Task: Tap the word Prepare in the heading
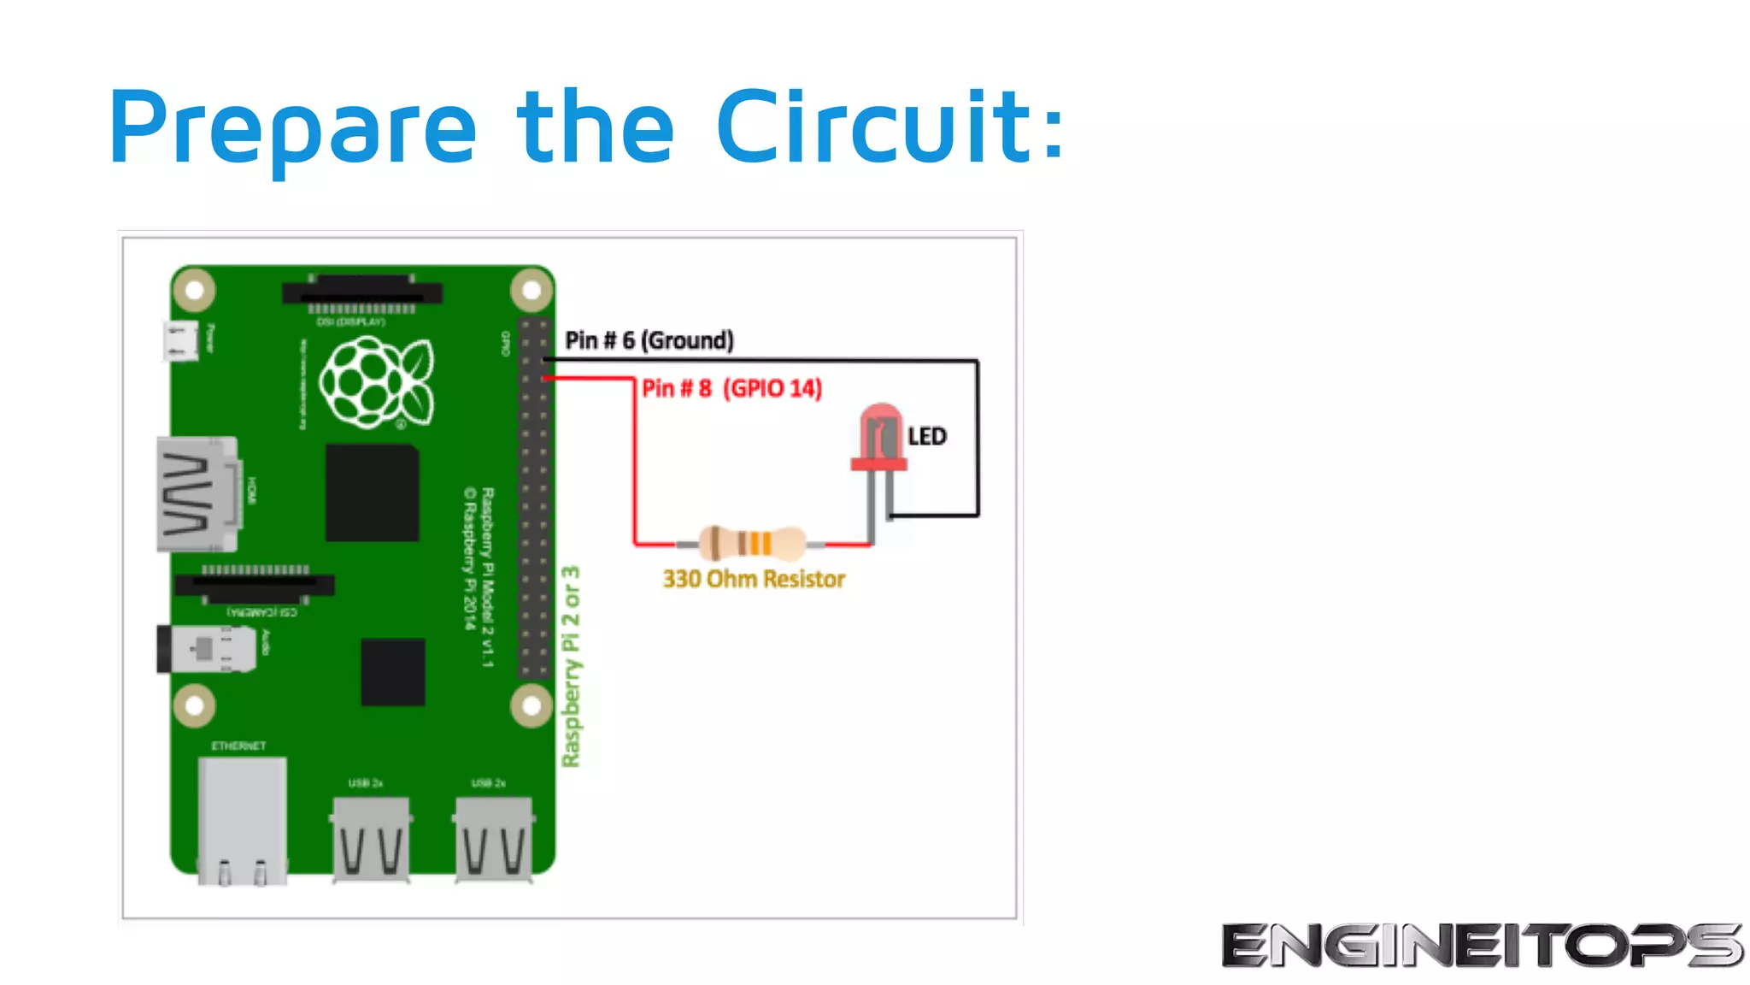[x=291, y=128]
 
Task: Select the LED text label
[x=927, y=437]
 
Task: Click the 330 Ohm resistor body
[x=751, y=543]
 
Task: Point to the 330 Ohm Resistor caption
[x=754, y=579]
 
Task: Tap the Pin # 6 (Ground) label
[x=649, y=340]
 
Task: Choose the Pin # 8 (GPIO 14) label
[x=731, y=388]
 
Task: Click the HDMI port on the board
[x=197, y=494]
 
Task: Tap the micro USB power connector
[x=180, y=340]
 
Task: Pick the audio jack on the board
[x=206, y=648]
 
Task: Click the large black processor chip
[x=372, y=492]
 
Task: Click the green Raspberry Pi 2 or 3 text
[x=571, y=666]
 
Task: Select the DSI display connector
[x=361, y=293]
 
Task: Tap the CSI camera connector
[x=255, y=585]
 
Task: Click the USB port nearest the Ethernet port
[x=371, y=838]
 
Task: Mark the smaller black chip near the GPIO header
[x=393, y=671]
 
